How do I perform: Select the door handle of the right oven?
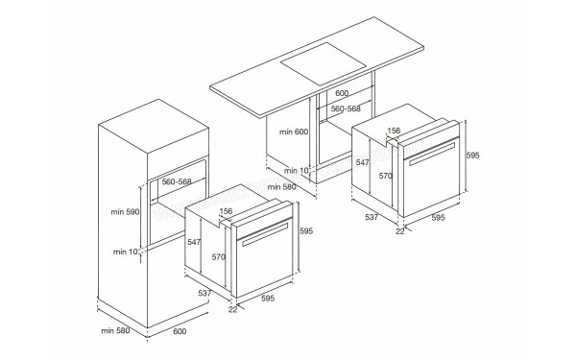[x=432, y=156]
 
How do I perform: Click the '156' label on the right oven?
[x=394, y=131]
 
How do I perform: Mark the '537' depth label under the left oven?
[x=204, y=293]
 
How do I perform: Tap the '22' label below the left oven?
[x=232, y=309]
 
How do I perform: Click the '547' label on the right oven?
[x=363, y=163]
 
